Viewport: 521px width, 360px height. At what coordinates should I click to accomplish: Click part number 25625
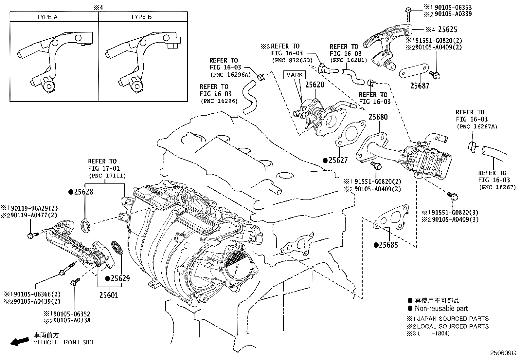tap(447, 29)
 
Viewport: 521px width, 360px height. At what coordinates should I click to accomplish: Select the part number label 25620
tap(315, 85)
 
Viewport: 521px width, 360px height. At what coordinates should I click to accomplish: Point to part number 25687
tap(420, 86)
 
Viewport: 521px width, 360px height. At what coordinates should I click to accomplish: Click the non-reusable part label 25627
tap(338, 161)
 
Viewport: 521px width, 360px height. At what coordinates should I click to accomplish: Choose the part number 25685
tap(389, 245)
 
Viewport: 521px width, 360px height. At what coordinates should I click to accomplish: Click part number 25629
tap(120, 278)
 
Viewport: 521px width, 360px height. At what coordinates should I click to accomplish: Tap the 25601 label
tap(109, 295)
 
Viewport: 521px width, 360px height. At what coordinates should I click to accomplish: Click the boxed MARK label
tap(294, 75)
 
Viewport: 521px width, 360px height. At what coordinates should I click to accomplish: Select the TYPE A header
tap(47, 17)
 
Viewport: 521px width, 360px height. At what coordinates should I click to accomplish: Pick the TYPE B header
tap(141, 17)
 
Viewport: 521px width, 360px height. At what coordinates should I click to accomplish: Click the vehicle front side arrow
tap(20, 341)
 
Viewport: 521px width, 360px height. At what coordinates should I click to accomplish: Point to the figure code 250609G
tap(503, 353)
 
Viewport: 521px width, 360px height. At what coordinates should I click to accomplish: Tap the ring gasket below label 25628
tap(86, 226)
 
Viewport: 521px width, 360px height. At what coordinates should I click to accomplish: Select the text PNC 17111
tap(107, 176)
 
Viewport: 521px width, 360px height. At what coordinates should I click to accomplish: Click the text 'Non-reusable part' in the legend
tap(441, 308)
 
